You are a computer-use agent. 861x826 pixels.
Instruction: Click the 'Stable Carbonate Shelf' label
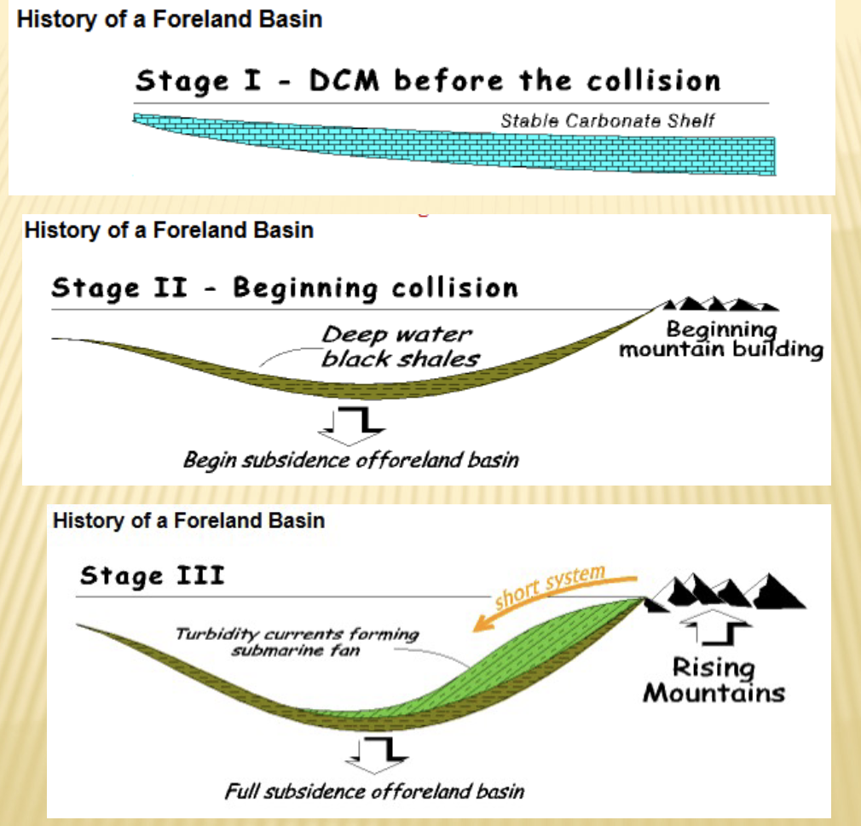tap(607, 120)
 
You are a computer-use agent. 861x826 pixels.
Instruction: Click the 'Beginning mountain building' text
tap(721, 340)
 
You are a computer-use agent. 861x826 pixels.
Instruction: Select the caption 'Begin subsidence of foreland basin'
tap(350, 460)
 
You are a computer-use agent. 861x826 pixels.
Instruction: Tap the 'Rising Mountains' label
tap(714, 679)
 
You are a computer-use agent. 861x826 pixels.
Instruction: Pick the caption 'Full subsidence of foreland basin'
tap(374, 791)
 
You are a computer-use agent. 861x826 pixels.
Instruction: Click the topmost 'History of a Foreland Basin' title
tap(170, 19)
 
